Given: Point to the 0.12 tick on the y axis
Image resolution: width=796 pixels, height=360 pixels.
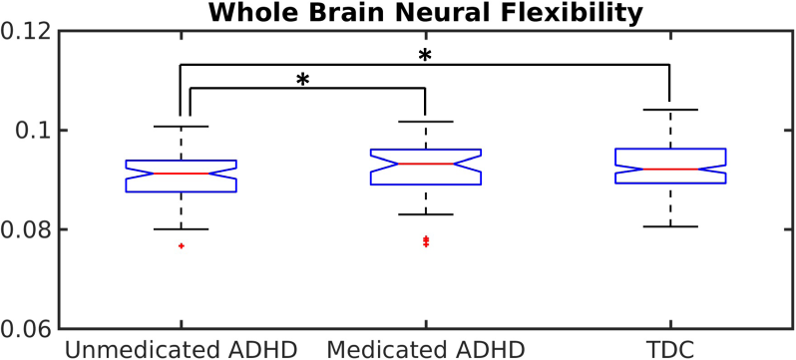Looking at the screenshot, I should (27, 31).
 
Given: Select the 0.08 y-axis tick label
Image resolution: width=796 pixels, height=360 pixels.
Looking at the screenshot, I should (27, 229).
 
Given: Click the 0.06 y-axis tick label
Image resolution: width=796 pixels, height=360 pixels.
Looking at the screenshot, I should (27, 329).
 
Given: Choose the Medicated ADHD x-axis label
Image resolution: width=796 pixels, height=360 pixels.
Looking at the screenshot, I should (426, 348).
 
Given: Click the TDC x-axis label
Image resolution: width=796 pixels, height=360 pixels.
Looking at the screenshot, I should (670, 348).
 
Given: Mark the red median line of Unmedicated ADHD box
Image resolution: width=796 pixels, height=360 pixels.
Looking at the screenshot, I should (181, 174).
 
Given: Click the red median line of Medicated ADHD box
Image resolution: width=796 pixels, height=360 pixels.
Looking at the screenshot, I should (426, 164).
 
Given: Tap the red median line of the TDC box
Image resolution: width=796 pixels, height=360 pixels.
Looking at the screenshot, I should (670, 170).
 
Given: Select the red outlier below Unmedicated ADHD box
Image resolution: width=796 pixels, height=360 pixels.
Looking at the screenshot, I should (181, 245).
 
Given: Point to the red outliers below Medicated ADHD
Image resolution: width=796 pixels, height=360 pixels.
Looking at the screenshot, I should (426, 241).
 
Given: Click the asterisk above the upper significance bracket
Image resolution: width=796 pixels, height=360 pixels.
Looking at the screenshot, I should (426, 57).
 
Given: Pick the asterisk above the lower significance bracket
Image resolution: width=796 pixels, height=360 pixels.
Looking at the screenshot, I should (303, 80).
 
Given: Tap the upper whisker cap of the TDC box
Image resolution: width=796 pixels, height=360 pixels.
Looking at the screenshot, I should (670, 110).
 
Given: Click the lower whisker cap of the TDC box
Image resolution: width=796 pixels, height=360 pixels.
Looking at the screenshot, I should (670, 226).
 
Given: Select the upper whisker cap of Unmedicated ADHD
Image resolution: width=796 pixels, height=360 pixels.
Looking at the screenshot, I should (181, 127).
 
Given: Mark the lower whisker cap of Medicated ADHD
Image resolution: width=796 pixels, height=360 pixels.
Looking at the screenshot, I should (426, 214).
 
